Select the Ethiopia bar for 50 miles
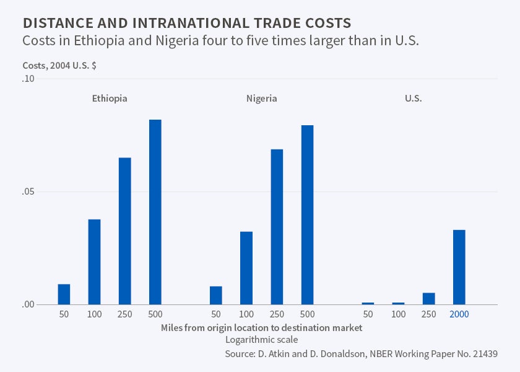pos(64,294)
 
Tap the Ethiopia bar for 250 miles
pos(124,231)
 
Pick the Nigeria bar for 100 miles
pos(246,268)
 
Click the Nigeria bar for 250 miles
pos(277,227)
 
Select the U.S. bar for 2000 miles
pos(459,267)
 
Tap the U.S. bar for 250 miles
pos(428,298)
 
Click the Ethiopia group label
pos(110,99)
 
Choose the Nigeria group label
pos(261,99)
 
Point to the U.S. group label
pos(413,99)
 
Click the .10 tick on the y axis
pos(28,79)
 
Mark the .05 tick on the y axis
pos(28,192)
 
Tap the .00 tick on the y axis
pos(28,304)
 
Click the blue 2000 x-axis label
pos(459,314)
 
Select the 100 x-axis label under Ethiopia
pos(94,314)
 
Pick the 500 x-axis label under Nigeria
pos(307,314)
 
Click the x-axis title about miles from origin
pos(261,327)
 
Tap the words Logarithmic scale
pos(261,340)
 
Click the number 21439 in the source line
pos(483,354)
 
